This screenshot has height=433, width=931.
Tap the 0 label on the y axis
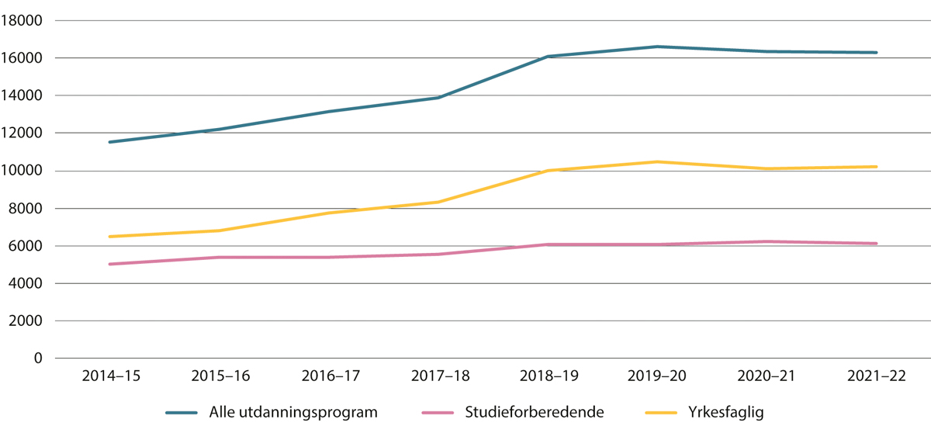pyautogui.click(x=40, y=359)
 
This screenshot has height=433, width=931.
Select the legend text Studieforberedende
pyautogui.click(x=534, y=412)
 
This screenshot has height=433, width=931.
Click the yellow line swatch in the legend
pyautogui.click(x=660, y=412)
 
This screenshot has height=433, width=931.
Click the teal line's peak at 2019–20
pyautogui.click(x=657, y=47)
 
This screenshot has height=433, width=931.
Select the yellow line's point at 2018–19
pyautogui.click(x=548, y=171)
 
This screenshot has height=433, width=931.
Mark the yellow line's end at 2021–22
pyautogui.click(x=877, y=167)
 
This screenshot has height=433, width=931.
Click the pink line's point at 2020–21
pyautogui.click(x=767, y=241)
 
